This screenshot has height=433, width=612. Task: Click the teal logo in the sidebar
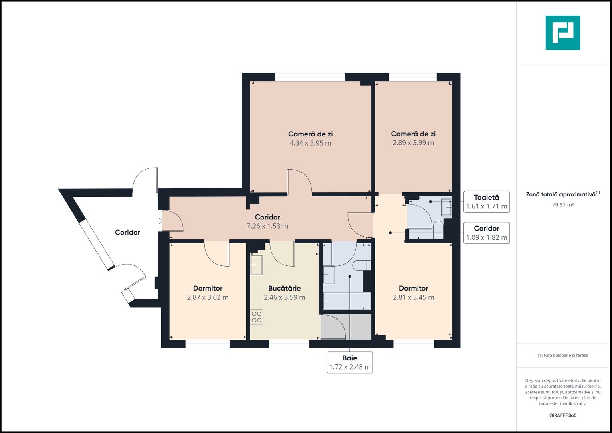click(563, 33)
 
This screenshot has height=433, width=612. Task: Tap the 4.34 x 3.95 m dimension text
click(310, 143)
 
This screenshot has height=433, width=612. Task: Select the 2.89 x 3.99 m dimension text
click(413, 143)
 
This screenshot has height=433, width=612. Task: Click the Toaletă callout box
click(486, 202)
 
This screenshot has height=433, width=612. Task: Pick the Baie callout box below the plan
click(349, 362)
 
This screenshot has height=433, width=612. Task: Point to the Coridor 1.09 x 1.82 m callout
click(486, 233)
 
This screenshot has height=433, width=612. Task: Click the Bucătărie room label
click(284, 288)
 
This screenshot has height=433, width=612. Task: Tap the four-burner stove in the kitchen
click(257, 317)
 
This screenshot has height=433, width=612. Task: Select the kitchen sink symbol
click(257, 265)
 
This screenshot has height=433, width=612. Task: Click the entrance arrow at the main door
click(160, 221)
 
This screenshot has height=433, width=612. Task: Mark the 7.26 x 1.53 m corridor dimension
click(267, 226)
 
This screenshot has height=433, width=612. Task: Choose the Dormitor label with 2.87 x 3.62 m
click(208, 288)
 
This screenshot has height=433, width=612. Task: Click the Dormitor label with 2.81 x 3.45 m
click(413, 288)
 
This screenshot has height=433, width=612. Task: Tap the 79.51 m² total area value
click(563, 205)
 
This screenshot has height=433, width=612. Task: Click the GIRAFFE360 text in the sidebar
click(563, 415)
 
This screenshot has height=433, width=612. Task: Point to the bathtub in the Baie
click(347, 301)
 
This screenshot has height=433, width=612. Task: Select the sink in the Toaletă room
click(446, 207)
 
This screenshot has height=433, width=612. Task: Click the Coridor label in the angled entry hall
click(127, 232)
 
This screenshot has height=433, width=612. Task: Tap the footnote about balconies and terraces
click(563, 355)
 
